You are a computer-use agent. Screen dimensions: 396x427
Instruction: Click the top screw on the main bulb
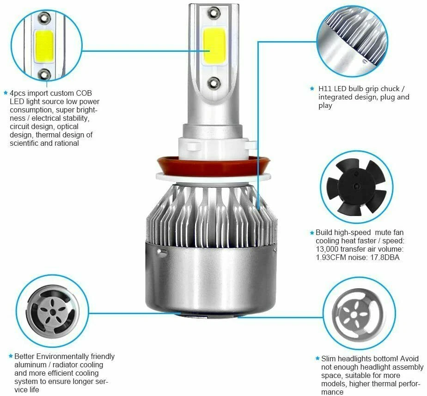(213, 12)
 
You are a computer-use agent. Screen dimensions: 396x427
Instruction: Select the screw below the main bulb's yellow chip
(213, 83)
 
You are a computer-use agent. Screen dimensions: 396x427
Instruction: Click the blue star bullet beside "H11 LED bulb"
(313, 88)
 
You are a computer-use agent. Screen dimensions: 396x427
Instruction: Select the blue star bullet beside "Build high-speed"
(312, 232)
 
